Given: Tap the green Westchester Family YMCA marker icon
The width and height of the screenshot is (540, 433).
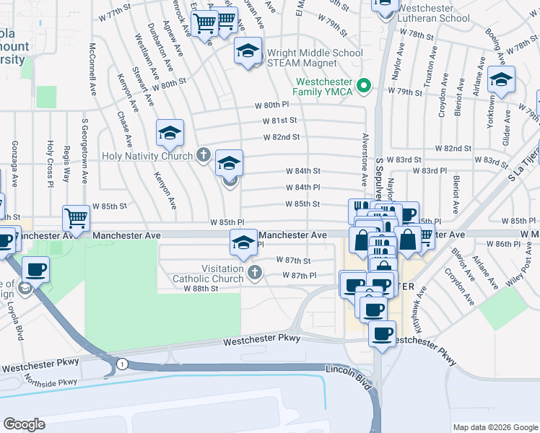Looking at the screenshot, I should [365, 87].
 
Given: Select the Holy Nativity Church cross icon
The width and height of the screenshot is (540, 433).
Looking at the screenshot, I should [204, 155].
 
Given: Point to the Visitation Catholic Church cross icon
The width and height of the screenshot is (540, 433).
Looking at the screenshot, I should [253, 272].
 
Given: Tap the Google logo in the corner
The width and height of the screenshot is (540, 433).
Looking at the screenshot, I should [25, 424].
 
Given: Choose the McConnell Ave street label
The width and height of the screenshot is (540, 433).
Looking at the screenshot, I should [93, 69].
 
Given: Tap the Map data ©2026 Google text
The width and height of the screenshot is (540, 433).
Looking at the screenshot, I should [494, 427].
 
